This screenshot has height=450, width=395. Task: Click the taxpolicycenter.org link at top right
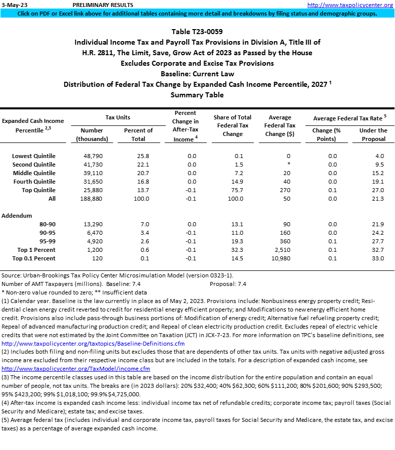[x=349, y=5]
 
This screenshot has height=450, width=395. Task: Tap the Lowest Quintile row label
[x=34, y=156]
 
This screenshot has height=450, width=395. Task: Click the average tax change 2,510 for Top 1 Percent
[x=283, y=249]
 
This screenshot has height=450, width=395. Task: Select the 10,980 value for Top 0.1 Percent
[x=281, y=258]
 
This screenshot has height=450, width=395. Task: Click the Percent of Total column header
[x=138, y=134]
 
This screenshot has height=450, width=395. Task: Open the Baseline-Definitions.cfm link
[x=93, y=344]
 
